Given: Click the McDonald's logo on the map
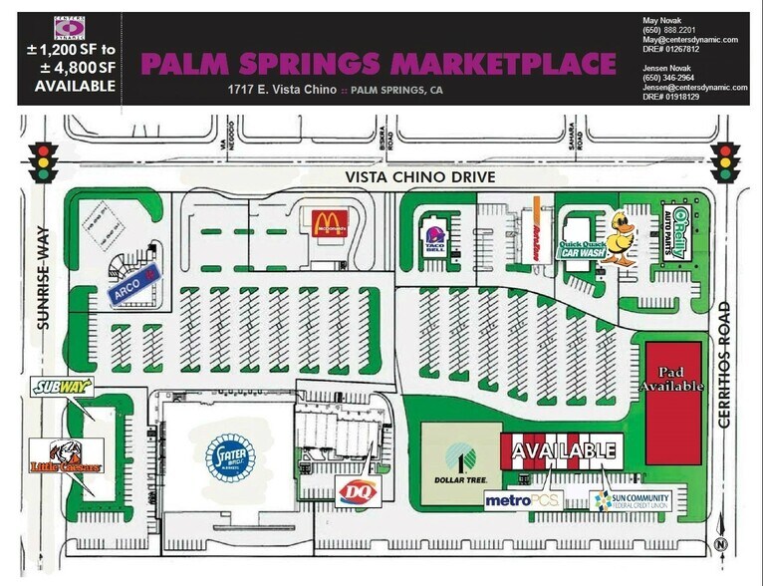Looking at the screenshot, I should [x=329, y=223].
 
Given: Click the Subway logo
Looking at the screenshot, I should [x=62, y=387].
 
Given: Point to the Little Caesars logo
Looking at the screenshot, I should [x=66, y=457].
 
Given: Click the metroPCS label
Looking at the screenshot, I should [x=523, y=499].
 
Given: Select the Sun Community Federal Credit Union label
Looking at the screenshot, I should [x=632, y=500].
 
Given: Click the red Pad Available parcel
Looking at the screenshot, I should [x=673, y=403].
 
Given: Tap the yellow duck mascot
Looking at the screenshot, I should [x=623, y=237].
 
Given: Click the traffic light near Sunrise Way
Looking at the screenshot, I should [x=43, y=161].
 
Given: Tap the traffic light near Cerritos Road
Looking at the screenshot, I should [x=726, y=161].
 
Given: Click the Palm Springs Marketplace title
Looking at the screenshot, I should [x=379, y=64].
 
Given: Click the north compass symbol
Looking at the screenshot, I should [x=720, y=544].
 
